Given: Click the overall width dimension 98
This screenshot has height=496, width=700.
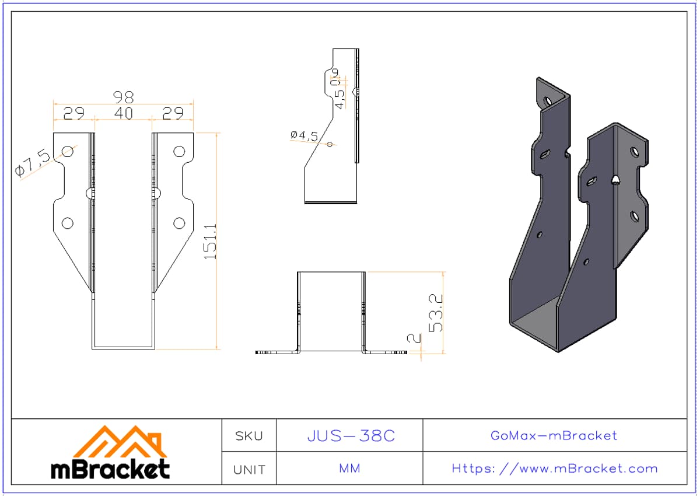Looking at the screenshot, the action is tap(124, 97).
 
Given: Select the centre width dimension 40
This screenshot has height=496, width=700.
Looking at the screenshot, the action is tap(124, 113).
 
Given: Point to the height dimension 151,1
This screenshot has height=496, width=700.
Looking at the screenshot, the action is tap(211, 241).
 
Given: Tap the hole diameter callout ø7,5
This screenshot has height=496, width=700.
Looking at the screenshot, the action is tap(33, 163).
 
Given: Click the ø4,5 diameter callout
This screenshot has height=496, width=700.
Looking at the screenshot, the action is tap(304, 135).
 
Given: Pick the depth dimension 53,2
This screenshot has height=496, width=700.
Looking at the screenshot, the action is tap(436, 313).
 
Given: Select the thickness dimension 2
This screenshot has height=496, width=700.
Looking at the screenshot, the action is tap(414, 338).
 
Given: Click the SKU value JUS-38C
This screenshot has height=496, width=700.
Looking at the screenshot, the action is tap(351, 436).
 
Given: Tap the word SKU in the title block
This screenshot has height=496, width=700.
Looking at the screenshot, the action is tap(249, 436).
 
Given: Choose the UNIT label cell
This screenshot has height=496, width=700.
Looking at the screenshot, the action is tap(249, 469).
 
